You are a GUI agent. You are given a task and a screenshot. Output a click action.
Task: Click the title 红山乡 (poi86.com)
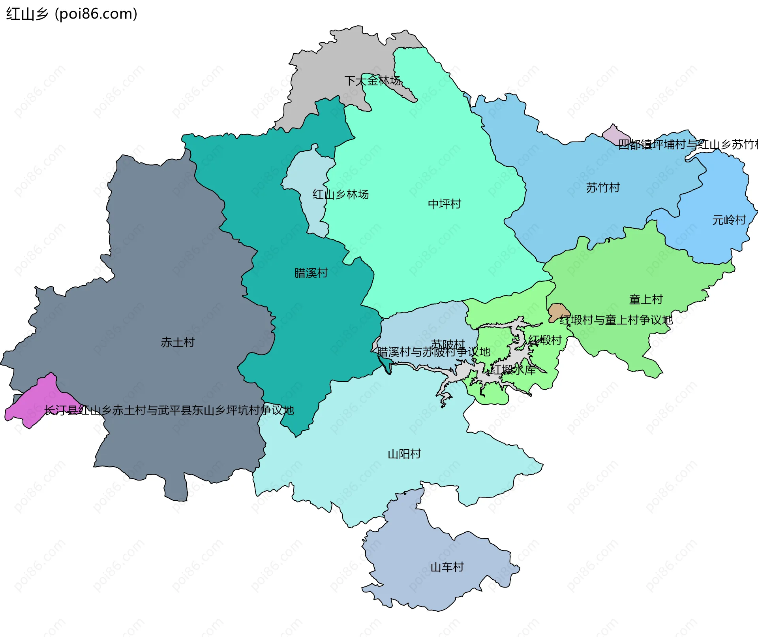71,14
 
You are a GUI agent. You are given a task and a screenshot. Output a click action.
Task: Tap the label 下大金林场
373,81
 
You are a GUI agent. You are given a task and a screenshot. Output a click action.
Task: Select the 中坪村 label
445,204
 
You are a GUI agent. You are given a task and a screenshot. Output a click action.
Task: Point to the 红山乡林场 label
341,194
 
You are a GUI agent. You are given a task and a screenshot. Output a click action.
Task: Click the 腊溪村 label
311,273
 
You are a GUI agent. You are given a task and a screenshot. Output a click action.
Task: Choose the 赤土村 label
178,342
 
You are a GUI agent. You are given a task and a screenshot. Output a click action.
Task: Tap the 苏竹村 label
603,188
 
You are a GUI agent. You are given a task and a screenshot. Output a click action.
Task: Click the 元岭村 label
729,220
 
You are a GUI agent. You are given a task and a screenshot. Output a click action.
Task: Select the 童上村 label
646,300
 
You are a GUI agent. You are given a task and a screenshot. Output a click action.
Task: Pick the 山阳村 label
404,454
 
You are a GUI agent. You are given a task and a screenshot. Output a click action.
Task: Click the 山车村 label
447,567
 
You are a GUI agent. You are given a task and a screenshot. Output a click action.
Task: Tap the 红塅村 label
545,340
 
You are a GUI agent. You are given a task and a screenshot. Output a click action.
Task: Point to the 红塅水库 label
513,370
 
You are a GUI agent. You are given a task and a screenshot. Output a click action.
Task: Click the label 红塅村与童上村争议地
616,320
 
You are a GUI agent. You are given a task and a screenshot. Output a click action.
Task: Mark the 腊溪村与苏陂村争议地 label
433,352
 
